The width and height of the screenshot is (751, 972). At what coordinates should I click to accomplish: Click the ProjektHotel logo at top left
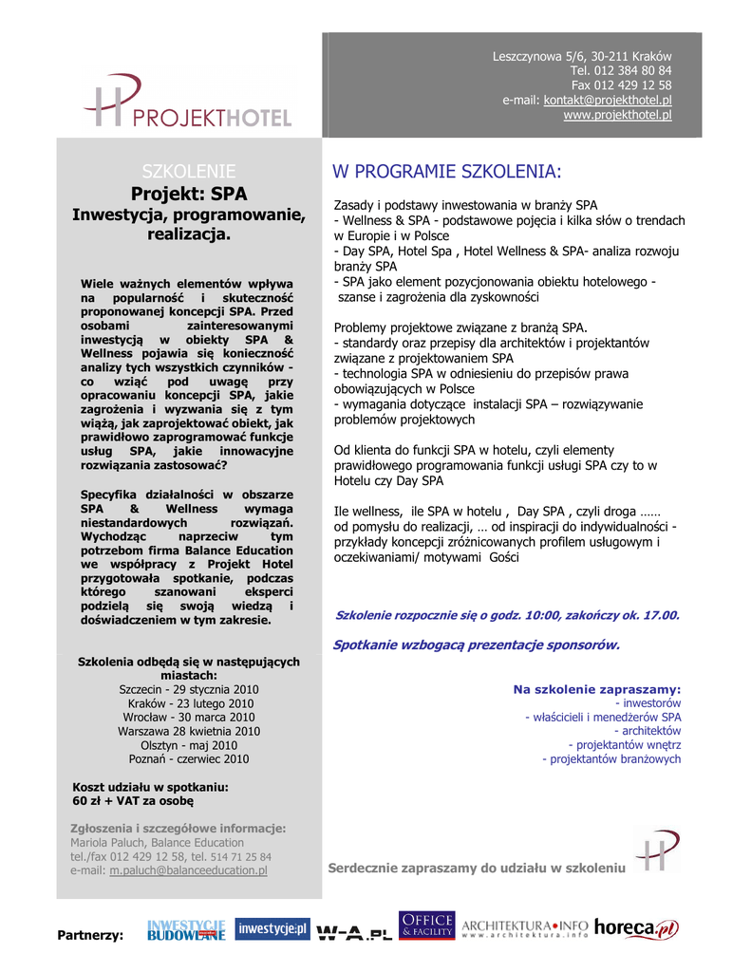(x=188, y=103)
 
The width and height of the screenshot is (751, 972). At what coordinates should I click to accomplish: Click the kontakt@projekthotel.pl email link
(x=608, y=100)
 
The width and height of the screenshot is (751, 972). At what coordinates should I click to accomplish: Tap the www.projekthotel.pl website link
(x=617, y=115)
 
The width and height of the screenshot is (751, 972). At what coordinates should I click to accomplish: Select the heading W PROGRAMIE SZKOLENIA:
(x=446, y=172)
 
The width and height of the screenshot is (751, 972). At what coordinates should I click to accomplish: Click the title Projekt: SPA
(x=188, y=195)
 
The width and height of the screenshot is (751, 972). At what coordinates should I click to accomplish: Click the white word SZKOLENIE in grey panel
(x=188, y=172)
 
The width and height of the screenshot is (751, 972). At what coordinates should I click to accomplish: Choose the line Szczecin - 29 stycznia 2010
(x=188, y=689)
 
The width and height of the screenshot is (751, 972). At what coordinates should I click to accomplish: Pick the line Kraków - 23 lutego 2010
(x=188, y=703)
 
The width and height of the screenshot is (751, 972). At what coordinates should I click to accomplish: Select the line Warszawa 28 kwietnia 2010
(x=188, y=732)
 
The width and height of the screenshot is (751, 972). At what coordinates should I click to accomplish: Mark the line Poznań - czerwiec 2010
(x=188, y=759)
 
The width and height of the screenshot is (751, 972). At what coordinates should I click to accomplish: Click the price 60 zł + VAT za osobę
(x=133, y=800)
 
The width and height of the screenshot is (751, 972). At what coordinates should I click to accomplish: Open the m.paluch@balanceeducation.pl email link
(x=188, y=869)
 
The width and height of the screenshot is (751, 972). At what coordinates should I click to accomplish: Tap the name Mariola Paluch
(x=104, y=842)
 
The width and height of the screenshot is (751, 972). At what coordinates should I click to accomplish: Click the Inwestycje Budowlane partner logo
(x=186, y=930)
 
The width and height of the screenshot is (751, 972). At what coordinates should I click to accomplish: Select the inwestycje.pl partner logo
(x=272, y=929)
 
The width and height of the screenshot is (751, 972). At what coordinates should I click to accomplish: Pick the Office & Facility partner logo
(x=426, y=926)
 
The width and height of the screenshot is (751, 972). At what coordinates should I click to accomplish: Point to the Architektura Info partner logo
(x=525, y=928)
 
